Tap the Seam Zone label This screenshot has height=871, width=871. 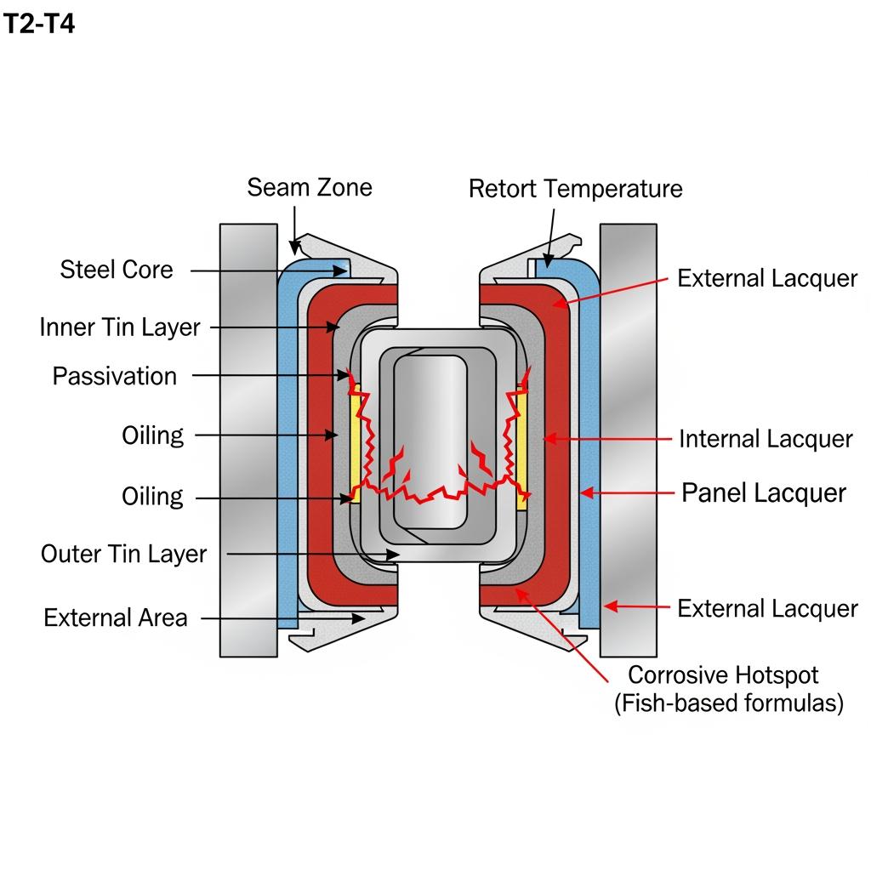[x=310, y=187]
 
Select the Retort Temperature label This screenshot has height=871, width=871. [x=575, y=189]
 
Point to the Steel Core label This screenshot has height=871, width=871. [x=117, y=270]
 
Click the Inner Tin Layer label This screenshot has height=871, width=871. [x=120, y=327]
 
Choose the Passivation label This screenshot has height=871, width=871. [x=115, y=376]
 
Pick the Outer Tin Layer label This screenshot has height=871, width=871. [x=123, y=554]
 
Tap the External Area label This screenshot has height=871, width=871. [x=116, y=618]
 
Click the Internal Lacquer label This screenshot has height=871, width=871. [x=766, y=439]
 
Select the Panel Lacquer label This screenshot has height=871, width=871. [x=764, y=493]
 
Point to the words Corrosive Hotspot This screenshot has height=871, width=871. [x=723, y=675]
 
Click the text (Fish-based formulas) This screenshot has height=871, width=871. [x=729, y=704]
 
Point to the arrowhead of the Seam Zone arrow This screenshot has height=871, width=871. [x=295, y=248]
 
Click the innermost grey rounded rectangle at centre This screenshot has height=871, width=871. [x=430, y=442]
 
